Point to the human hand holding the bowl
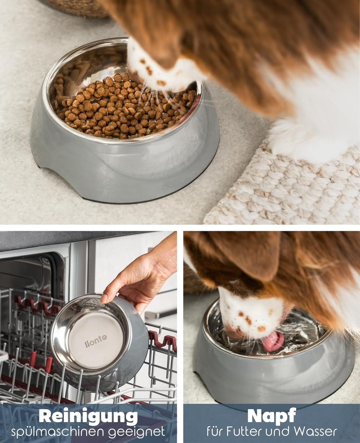pyautogui.click(x=141, y=277)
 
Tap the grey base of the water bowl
pyautogui.click(x=273, y=370)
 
